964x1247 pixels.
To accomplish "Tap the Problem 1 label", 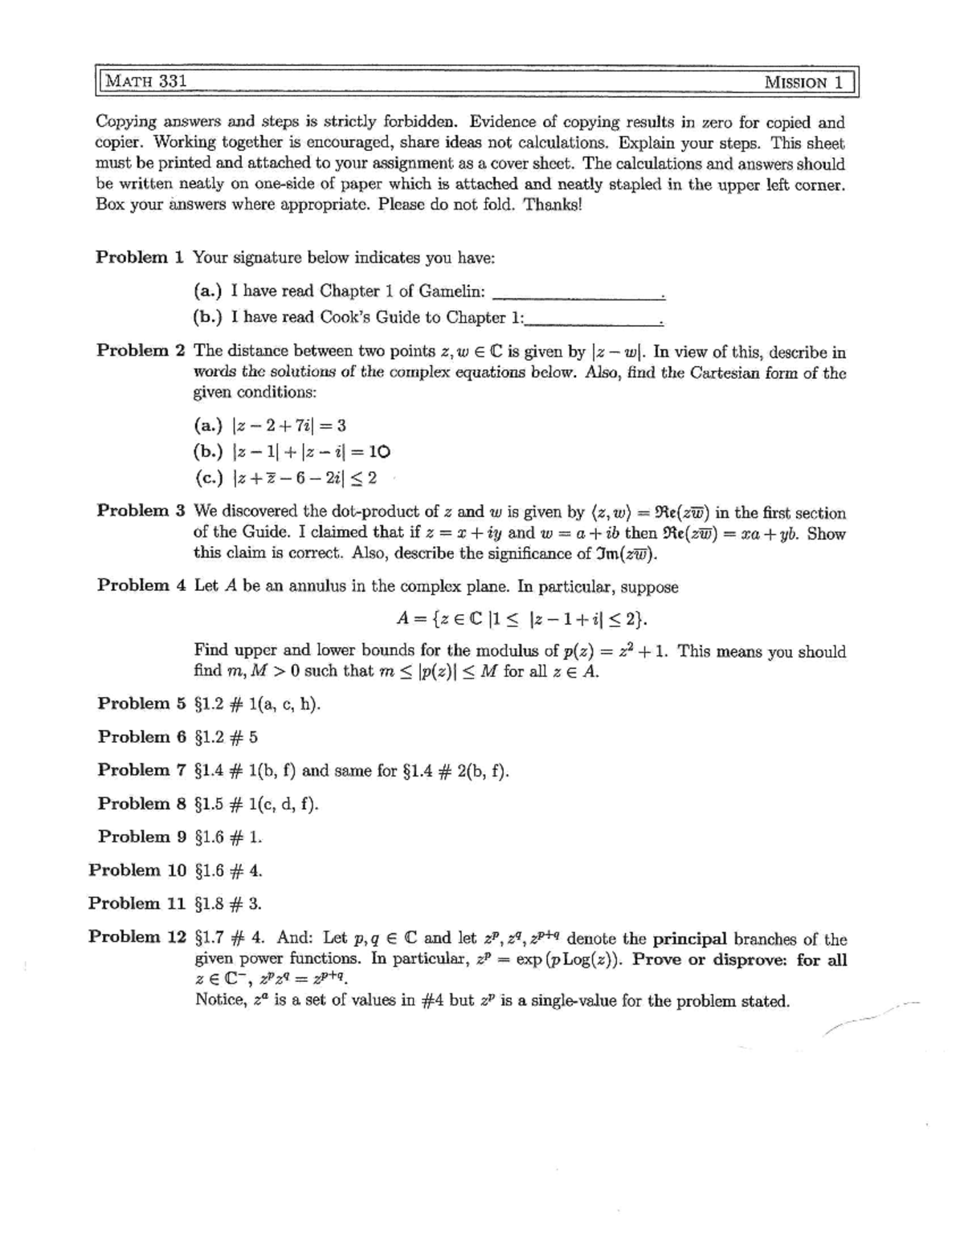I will pyautogui.click(x=140, y=258).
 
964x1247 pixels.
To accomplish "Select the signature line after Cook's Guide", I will pyautogui.click(x=593, y=323).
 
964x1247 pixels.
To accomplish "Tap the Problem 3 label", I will pyautogui.click(x=141, y=511).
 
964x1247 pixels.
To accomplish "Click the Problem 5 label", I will pyautogui.click(x=141, y=704).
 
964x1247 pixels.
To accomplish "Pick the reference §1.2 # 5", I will pyautogui.click(x=227, y=737).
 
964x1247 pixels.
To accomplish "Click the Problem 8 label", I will pyautogui.click(x=141, y=804).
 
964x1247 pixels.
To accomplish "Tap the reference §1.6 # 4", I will pyautogui.click(x=229, y=870).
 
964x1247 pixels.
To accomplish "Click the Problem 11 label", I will pyautogui.click(x=137, y=903).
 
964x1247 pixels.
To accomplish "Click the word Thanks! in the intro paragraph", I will pyautogui.click(x=551, y=204).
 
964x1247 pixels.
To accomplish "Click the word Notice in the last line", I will pyautogui.click(x=220, y=1000).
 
